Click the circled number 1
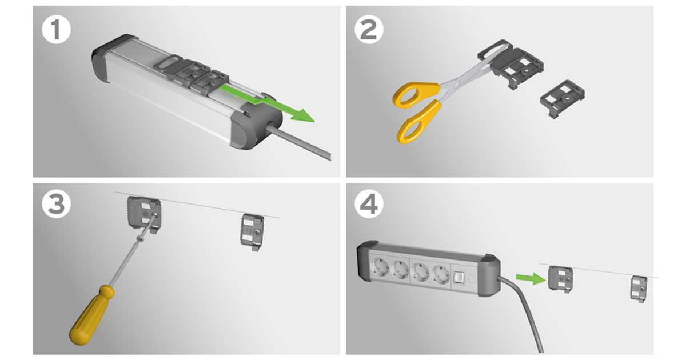[x=57, y=30]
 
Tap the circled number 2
[x=369, y=30]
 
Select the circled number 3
[x=57, y=203]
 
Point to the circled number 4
[x=369, y=204]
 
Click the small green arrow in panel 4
[x=531, y=278]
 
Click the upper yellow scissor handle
[x=417, y=94]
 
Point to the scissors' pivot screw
[x=457, y=83]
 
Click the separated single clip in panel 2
[x=563, y=98]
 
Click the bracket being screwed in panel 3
[x=144, y=214]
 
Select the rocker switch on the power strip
[x=458, y=278]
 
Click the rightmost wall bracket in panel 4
[x=639, y=289]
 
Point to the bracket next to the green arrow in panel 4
[x=560, y=279]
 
